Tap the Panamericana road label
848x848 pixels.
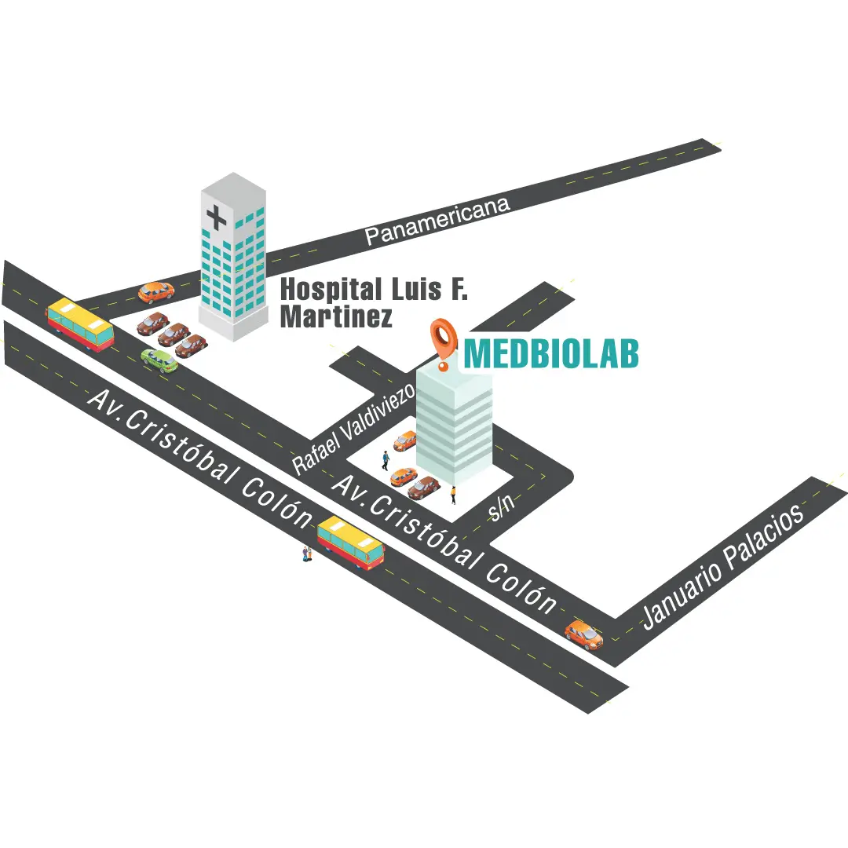coord(438,221)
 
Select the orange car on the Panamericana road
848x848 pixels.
coord(156,292)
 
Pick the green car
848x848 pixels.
coord(159,360)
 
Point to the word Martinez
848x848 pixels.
coord(336,317)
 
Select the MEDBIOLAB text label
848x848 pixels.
coord(550,354)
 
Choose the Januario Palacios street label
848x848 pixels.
coord(723,566)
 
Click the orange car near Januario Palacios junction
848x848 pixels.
coord(584,634)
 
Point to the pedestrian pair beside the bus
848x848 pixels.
coord(307,554)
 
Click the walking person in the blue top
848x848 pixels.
coord(386,460)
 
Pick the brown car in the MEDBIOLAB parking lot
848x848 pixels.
coord(424,488)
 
